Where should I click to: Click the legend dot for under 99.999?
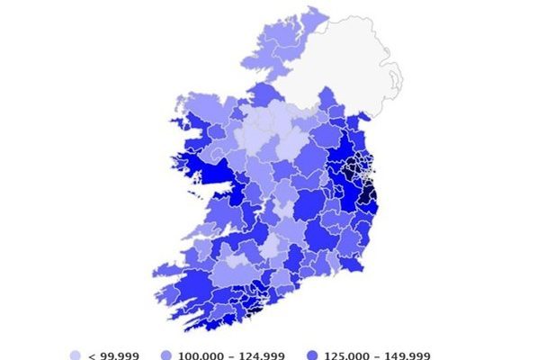tap(76, 355)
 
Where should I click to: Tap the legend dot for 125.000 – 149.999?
tap(310, 355)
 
